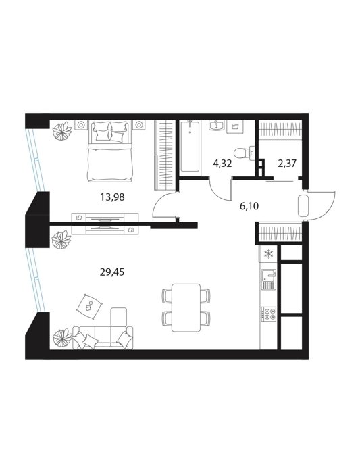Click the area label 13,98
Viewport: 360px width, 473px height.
click(x=112, y=197)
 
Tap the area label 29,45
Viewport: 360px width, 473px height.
click(x=112, y=272)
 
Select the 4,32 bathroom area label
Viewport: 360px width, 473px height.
click(x=222, y=164)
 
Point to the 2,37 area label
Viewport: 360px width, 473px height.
click(x=287, y=164)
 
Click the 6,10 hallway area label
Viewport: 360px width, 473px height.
click(x=249, y=206)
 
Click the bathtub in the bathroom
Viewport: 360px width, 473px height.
click(x=190, y=147)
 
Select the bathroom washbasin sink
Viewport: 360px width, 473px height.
click(x=216, y=125)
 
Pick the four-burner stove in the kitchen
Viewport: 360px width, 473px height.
click(x=268, y=314)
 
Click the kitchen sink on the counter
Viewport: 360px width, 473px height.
click(x=268, y=279)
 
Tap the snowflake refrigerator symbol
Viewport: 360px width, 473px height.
click(x=267, y=254)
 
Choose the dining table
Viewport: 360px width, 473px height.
click(x=186, y=307)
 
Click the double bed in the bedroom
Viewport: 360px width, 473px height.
click(x=110, y=151)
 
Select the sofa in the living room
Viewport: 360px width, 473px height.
click(x=103, y=337)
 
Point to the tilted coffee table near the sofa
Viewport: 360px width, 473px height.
click(x=89, y=307)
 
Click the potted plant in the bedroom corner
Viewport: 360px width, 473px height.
click(x=62, y=131)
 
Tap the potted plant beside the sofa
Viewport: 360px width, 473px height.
click(x=62, y=338)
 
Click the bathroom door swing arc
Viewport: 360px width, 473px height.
click(x=216, y=193)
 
